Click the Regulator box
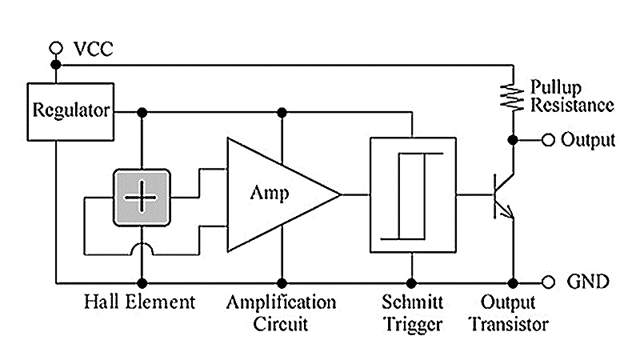point(70,110)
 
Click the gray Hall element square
point(142,195)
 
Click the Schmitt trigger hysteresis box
point(411,194)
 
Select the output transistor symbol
point(502,195)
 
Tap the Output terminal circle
point(548,141)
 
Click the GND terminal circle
point(548,282)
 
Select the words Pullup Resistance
point(570,95)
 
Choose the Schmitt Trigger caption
point(411,314)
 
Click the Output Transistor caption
point(509,314)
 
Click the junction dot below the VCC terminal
point(55,64)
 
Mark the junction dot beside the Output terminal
point(513,141)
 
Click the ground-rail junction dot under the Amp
point(281,282)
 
